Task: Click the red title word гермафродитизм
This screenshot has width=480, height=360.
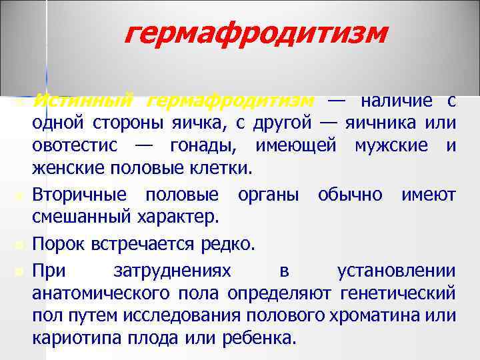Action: coord(255,32)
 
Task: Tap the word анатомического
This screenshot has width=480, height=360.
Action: coord(103,293)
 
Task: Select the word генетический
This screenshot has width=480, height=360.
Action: coord(398,293)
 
